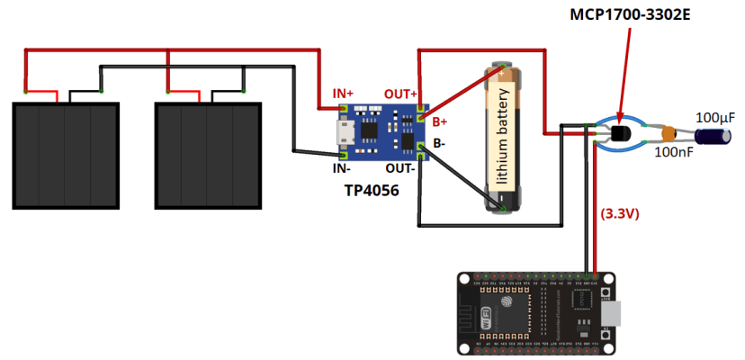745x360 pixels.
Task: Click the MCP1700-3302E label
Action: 635,16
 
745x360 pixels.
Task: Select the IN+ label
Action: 343,94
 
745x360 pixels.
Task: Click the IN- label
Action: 340,166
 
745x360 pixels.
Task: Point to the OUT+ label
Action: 400,94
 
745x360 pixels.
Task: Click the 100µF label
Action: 715,118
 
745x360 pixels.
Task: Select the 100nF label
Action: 673,153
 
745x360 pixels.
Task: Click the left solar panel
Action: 65,156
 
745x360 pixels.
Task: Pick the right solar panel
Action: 208,156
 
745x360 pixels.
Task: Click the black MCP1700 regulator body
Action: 620,134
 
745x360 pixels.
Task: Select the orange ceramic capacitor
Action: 668,134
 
